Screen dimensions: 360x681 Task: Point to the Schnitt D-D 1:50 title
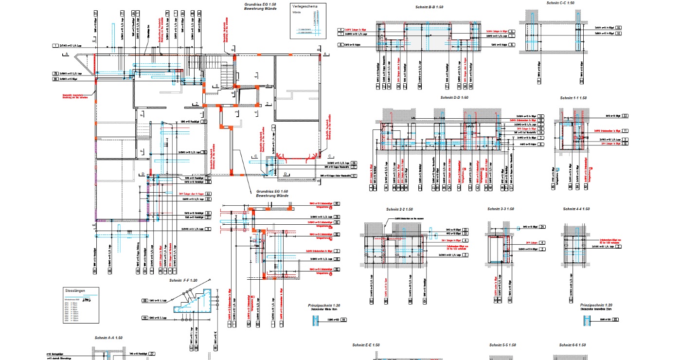pos(454,98)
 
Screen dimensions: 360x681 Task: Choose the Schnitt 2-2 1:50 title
pos(399,209)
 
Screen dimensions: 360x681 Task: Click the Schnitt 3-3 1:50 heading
pos(501,209)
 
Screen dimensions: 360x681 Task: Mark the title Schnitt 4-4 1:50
pos(576,209)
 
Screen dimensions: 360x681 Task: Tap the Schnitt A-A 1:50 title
pos(108,338)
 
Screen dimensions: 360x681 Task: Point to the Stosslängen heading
pos(75,290)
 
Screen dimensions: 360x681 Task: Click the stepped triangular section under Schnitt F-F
pos(199,302)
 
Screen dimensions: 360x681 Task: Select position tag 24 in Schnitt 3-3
pos(542,227)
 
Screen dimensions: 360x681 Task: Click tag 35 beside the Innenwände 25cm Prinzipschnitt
pos(616,320)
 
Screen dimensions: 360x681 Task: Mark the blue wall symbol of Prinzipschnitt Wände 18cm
pos(316,320)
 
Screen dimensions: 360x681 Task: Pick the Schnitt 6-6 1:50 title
pos(573,345)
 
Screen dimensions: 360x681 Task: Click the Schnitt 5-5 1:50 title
pos(502,345)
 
